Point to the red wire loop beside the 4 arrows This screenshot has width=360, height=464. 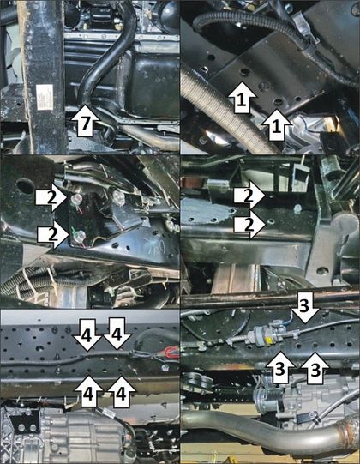pyautogui.click(x=169, y=353)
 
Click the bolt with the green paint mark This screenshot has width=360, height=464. pyautogui.click(x=80, y=236)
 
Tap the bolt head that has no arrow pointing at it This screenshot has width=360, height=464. pyautogui.click(x=118, y=196)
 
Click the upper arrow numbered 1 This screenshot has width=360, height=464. pyautogui.click(x=242, y=98)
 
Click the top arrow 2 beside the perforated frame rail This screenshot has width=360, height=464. pyautogui.click(x=250, y=196)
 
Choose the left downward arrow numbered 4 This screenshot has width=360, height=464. pyautogui.click(x=87, y=335)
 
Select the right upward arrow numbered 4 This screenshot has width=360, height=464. pyautogui.click(x=122, y=392)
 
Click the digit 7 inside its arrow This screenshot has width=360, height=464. pyautogui.click(x=86, y=124)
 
